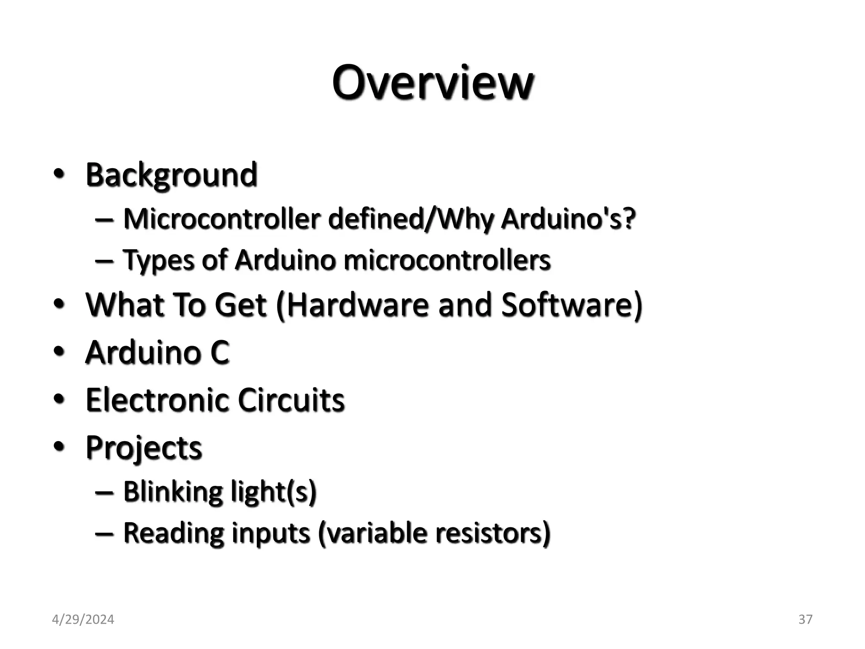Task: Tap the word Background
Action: (x=171, y=175)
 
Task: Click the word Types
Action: (x=158, y=260)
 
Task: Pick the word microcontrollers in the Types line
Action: (x=447, y=260)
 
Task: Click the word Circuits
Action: (x=291, y=400)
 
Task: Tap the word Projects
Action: (x=144, y=447)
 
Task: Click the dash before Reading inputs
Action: (x=104, y=533)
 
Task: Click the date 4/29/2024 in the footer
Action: (x=83, y=619)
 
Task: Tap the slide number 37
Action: (x=805, y=619)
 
